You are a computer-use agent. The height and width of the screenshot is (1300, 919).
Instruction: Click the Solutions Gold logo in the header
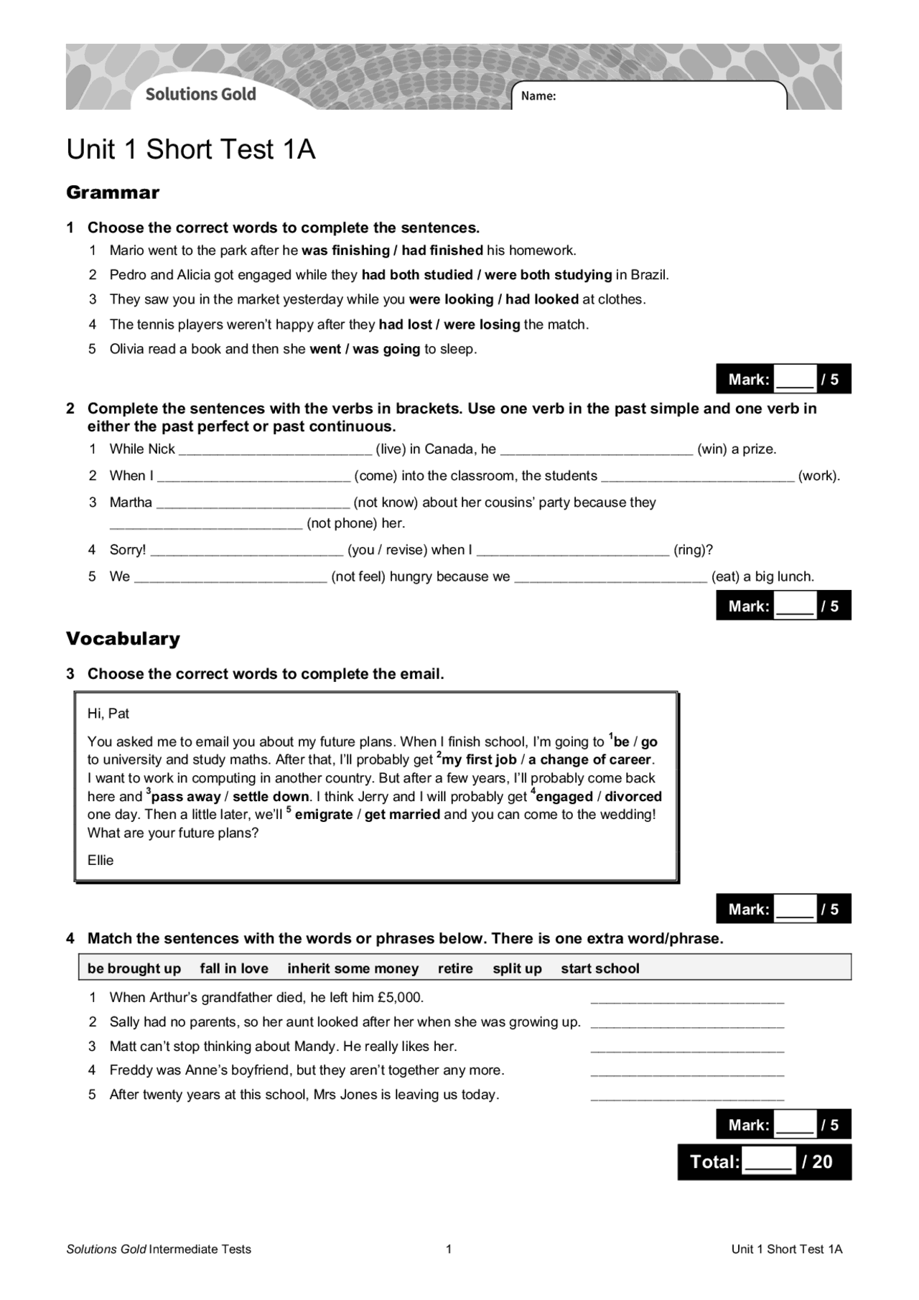(200, 94)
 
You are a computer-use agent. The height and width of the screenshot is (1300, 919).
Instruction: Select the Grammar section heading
(113, 192)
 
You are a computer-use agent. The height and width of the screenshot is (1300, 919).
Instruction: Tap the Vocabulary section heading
(123, 638)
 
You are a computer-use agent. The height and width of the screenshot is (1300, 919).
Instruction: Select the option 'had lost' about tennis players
(405, 324)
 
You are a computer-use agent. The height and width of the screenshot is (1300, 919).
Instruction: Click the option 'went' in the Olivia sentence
(325, 350)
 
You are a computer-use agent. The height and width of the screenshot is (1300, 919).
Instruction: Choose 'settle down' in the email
(271, 797)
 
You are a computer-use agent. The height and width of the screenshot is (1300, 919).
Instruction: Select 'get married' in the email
(402, 815)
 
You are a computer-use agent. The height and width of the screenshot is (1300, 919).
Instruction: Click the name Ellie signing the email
(101, 861)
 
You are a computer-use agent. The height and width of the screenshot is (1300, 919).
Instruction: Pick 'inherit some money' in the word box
(353, 968)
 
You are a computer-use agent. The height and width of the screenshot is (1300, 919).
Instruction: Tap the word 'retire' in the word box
(455, 968)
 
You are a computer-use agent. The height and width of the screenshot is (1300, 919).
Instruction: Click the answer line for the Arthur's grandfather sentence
(687, 999)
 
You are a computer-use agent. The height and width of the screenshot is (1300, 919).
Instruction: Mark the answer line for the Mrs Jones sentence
(687, 1096)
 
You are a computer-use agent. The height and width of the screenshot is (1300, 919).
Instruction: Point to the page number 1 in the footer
(449, 1249)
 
